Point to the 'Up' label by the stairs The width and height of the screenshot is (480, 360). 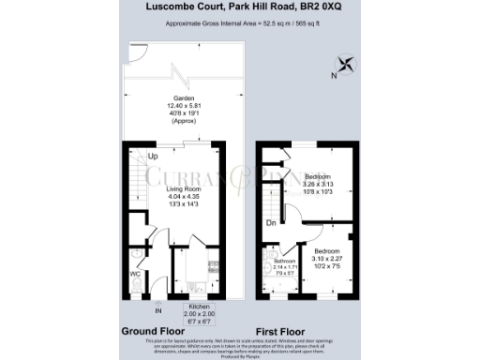tap(152, 156)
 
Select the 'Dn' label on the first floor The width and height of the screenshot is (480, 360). tap(269, 224)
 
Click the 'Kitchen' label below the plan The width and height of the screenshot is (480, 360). tap(200, 307)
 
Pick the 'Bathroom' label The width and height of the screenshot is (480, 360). tap(283, 262)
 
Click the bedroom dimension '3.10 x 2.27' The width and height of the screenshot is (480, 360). tap(327, 259)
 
